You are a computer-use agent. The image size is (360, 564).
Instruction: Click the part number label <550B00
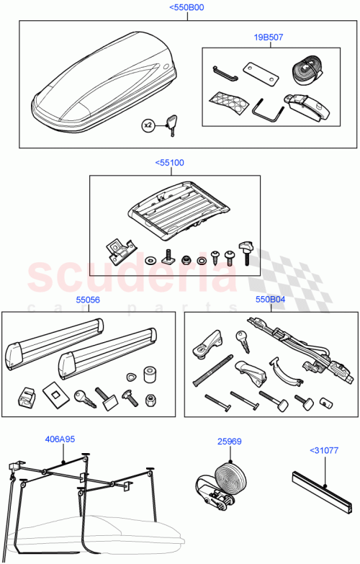click(186, 8)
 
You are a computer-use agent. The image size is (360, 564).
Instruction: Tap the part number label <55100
click(169, 163)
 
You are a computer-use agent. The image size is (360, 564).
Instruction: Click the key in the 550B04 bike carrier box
click(240, 339)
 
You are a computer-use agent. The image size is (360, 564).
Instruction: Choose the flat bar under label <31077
click(321, 488)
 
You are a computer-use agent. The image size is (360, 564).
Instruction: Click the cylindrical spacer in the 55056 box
click(151, 375)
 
